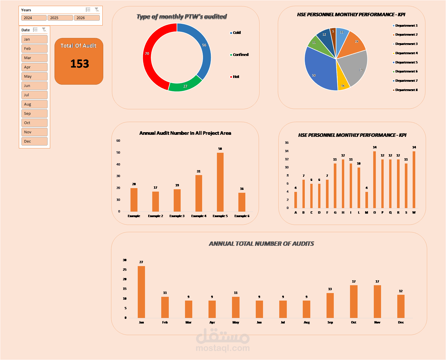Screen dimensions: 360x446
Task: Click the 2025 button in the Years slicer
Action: pyautogui.click(x=60, y=18)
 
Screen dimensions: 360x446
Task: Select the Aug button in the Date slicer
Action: pyautogui.click(x=34, y=104)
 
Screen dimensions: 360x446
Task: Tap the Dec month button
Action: pyautogui.click(x=34, y=141)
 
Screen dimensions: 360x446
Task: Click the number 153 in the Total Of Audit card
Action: pyautogui.click(x=79, y=64)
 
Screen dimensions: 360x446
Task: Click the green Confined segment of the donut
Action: pyautogui.click(x=185, y=86)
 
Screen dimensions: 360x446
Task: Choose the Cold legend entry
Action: pyautogui.click(x=237, y=33)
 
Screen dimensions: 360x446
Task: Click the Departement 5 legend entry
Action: pyautogui.click(x=406, y=62)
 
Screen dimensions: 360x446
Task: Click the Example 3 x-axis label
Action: pyautogui.click(x=177, y=216)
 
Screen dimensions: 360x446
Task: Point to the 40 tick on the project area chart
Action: pyautogui.click(x=118, y=164)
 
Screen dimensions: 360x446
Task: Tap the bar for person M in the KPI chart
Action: pyautogui.click(x=367, y=200)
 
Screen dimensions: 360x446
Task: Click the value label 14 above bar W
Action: pyautogui.click(x=414, y=147)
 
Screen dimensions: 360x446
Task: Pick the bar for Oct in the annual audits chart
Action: pyautogui.click(x=353, y=301)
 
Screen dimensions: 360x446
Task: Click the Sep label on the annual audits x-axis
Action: pyautogui.click(x=330, y=322)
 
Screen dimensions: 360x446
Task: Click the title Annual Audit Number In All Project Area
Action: pyautogui.click(x=185, y=133)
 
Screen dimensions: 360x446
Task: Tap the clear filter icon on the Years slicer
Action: pyautogui.click(x=97, y=10)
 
